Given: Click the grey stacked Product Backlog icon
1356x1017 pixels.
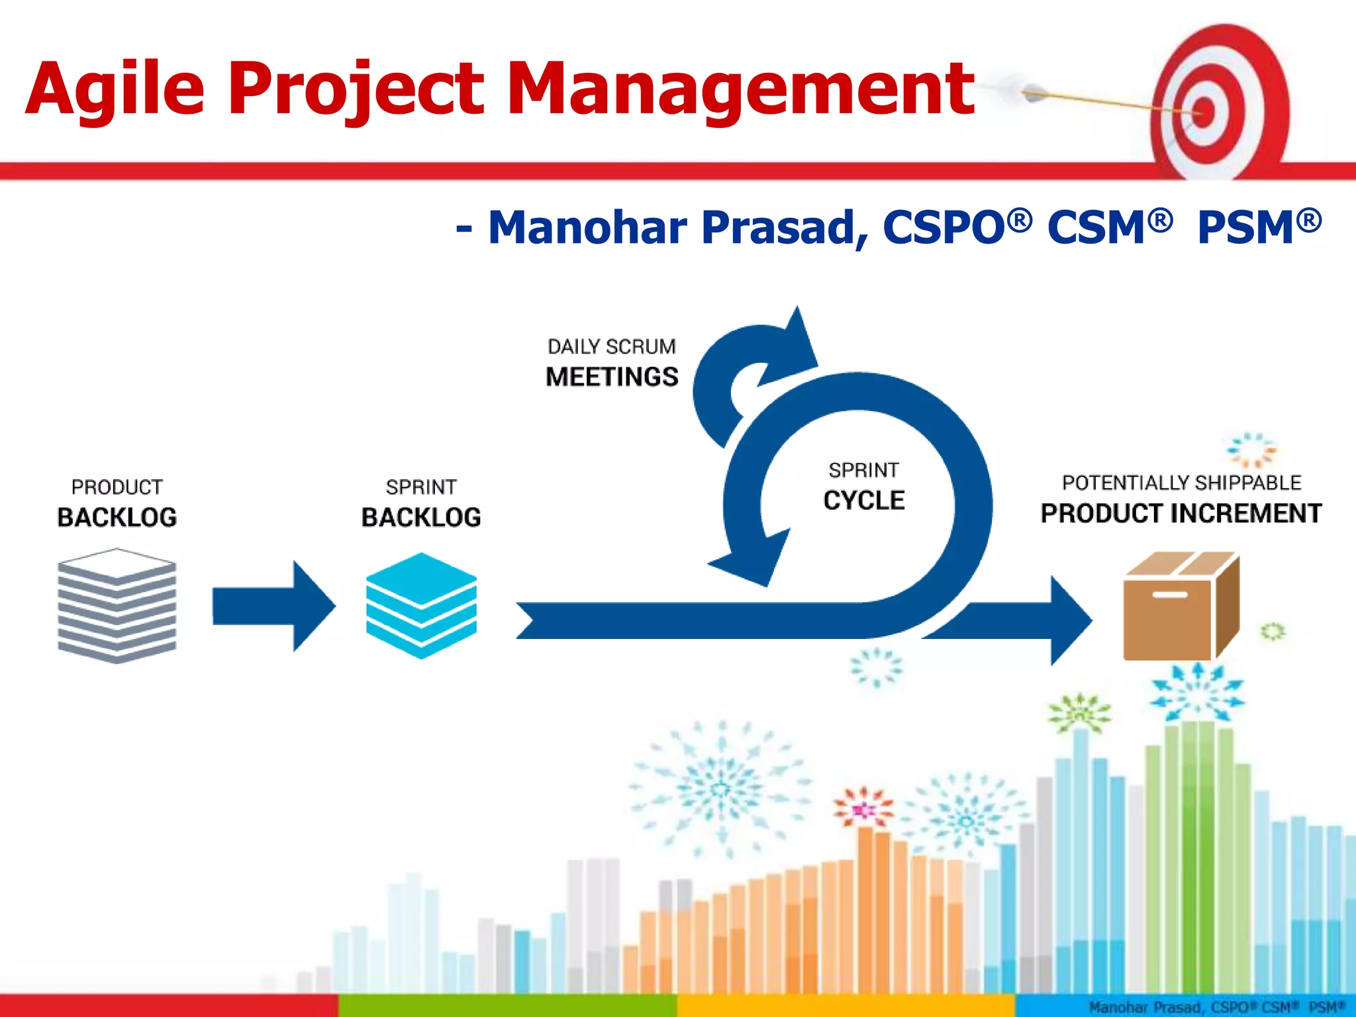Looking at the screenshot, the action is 117,605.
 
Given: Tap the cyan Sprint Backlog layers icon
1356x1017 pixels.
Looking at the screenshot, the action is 421,605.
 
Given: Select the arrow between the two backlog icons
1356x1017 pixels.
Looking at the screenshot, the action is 273,606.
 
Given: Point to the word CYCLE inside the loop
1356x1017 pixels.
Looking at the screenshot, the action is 864,501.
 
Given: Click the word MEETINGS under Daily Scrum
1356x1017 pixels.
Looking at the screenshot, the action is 612,377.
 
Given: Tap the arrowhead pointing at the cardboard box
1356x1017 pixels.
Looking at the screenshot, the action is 1069,620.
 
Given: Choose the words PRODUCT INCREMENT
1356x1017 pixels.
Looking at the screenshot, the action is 1181,514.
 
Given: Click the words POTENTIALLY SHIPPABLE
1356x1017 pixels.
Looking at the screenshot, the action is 1181,483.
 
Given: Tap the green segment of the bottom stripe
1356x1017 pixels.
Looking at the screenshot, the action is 507,1005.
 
